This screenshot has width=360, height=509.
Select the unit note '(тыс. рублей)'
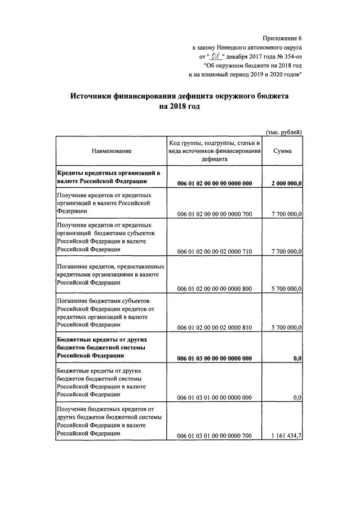[x=284, y=132]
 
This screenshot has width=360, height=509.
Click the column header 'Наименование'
[x=111, y=151]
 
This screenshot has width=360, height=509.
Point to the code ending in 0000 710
[x=214, y=251]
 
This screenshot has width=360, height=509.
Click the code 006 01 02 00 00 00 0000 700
[x=214, y=214]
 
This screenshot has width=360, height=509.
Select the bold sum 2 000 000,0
[x=286, y=183]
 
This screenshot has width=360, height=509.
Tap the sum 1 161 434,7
[x=286, y=435]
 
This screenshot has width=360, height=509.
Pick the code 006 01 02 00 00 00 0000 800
[x=214, y=289]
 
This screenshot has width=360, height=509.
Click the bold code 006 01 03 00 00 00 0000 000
[x=214, y=358]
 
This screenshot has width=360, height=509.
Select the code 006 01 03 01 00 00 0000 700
[x=214, y=435]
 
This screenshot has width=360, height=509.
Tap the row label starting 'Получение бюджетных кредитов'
[x=106, y=408]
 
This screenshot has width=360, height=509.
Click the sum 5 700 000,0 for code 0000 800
[x=286, y=289]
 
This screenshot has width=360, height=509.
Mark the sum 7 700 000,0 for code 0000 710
[x=286, y=251]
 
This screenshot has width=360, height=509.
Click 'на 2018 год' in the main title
[x=180, y=107]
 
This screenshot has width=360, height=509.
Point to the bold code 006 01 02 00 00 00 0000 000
[x=214, y=183]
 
